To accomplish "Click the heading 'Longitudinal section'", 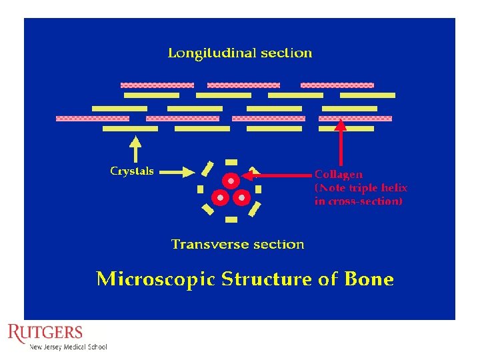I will point(239,53).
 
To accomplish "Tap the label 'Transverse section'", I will point(237,244).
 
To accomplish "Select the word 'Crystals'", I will point(131,171).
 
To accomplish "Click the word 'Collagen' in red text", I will point(339,175).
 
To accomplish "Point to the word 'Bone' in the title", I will point(369,279).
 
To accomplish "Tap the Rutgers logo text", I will point(45,333).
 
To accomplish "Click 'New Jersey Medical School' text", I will point(68,347).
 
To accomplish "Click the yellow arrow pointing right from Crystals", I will point(177,171).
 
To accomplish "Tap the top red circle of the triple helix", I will point(231,181).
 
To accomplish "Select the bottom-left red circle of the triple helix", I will point(219,197).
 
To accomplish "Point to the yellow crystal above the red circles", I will point(231,162).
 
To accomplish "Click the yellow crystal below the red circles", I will point(231,219).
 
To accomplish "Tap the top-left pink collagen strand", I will point(157,85).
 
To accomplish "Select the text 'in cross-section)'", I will point(358,201).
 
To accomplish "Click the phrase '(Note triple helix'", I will point(361,188).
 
